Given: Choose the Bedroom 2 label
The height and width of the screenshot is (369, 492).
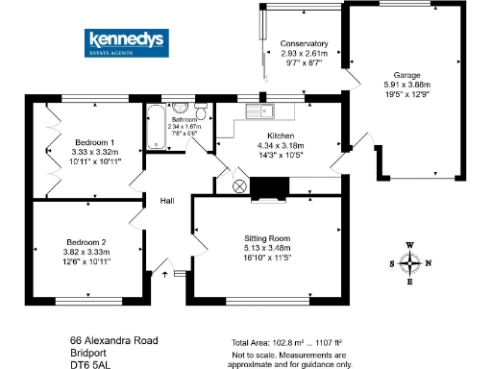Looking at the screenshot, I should tap(87, 241).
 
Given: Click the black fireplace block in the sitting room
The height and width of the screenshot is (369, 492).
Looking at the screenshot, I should tap(270, 188).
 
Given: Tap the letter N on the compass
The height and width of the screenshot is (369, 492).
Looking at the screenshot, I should tap(429, 262).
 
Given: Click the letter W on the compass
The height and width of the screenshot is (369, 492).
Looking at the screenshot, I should tap(410, 245).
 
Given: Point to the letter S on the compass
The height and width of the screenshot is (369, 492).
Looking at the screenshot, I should tap(391, 262).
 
